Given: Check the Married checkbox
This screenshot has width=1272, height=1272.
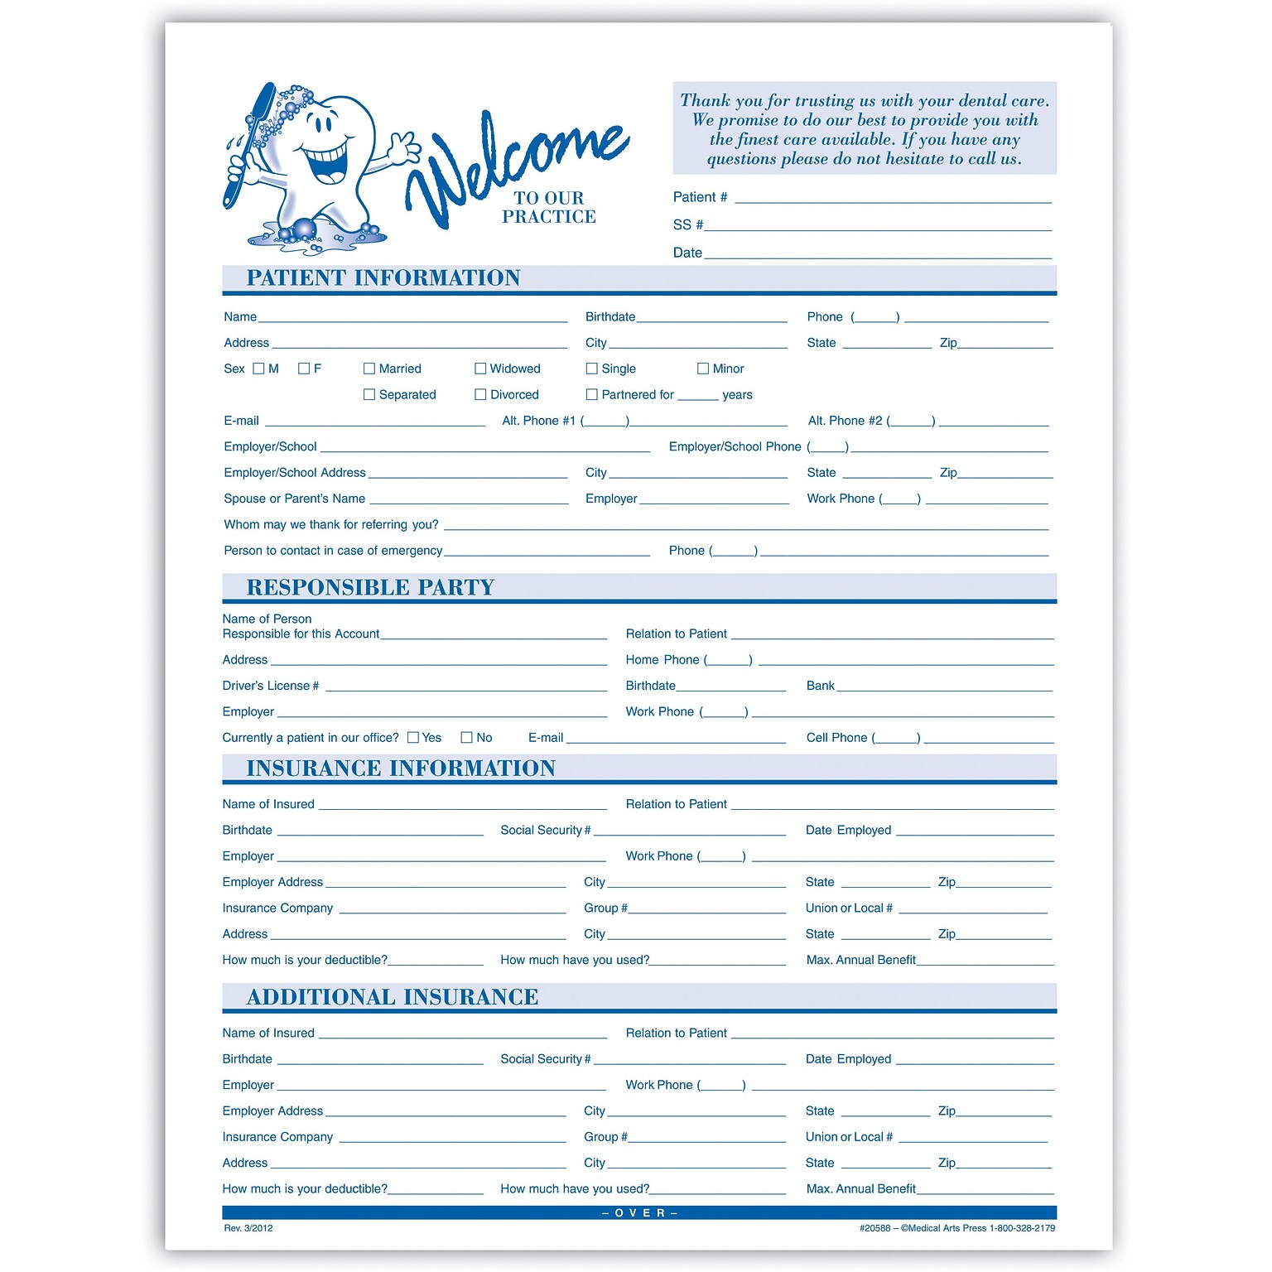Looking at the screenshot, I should tap(369, 369).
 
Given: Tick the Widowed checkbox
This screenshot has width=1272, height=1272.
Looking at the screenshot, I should tap(480, 369).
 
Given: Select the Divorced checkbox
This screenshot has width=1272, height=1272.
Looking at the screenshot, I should tap(480, 395).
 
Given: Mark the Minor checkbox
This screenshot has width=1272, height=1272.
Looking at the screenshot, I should tap(703, 369).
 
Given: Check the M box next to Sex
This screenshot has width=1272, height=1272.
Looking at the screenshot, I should tap(258, 369).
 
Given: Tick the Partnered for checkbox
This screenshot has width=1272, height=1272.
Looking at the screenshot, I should tap(591, 395).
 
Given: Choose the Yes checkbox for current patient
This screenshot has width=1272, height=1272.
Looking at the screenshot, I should tap(413, 738).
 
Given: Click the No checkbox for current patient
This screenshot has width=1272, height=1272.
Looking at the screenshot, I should tap(467, 738).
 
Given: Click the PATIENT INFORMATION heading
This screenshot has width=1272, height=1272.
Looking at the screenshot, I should tap(383, 278).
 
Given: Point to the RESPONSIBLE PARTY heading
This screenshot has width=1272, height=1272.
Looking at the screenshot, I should tap(370, 588).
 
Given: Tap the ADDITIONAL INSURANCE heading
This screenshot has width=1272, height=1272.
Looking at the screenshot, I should tap(393, 997).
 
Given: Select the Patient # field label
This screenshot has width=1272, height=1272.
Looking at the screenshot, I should tap(700, 197).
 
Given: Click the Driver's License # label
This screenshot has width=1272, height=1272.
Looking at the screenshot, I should tap(271, 686).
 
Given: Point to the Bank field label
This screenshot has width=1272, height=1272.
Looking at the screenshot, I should tap(820, 686).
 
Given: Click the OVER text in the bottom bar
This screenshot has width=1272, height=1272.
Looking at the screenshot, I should tap(639, 1213).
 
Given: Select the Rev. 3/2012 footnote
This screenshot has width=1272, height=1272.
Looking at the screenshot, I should tap(248, 1228).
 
